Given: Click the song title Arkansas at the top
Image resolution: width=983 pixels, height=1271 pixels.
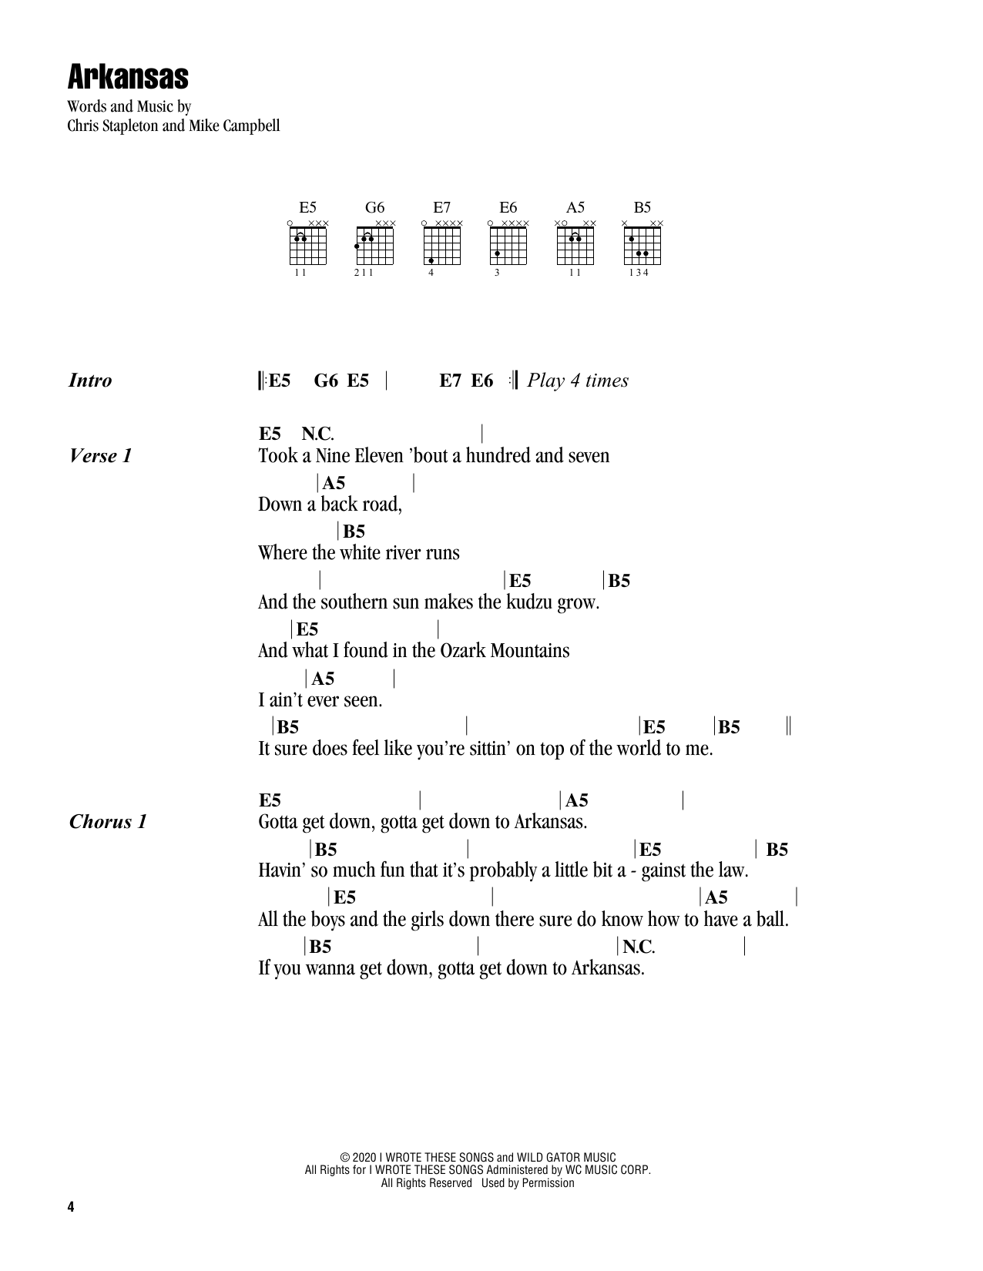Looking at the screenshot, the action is (128, 77).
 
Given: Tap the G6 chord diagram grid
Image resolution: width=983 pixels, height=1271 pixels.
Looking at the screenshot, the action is (375, 246).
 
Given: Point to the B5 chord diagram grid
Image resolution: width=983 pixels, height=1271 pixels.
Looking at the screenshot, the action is (642, 246).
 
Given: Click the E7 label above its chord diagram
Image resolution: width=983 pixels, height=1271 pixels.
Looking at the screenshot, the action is (441, 207).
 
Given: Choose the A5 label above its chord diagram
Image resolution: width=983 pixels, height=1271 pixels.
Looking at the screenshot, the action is (575, 207).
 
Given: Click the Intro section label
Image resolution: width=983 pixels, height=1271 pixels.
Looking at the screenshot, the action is (90, 381).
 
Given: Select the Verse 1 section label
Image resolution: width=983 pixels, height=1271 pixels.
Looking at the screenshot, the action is (100, 456).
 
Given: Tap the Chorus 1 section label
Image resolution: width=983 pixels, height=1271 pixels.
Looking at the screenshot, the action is (108, 822).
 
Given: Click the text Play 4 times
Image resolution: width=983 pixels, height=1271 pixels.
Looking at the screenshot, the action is (578, 381).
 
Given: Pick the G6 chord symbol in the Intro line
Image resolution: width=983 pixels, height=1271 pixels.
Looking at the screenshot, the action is (326, 381).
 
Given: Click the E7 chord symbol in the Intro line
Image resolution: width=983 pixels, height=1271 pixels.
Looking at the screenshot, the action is (451, 381).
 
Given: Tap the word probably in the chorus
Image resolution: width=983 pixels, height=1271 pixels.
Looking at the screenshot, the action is (504, 871).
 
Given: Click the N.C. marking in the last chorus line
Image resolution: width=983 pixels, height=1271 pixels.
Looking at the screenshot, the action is (639, 946).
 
